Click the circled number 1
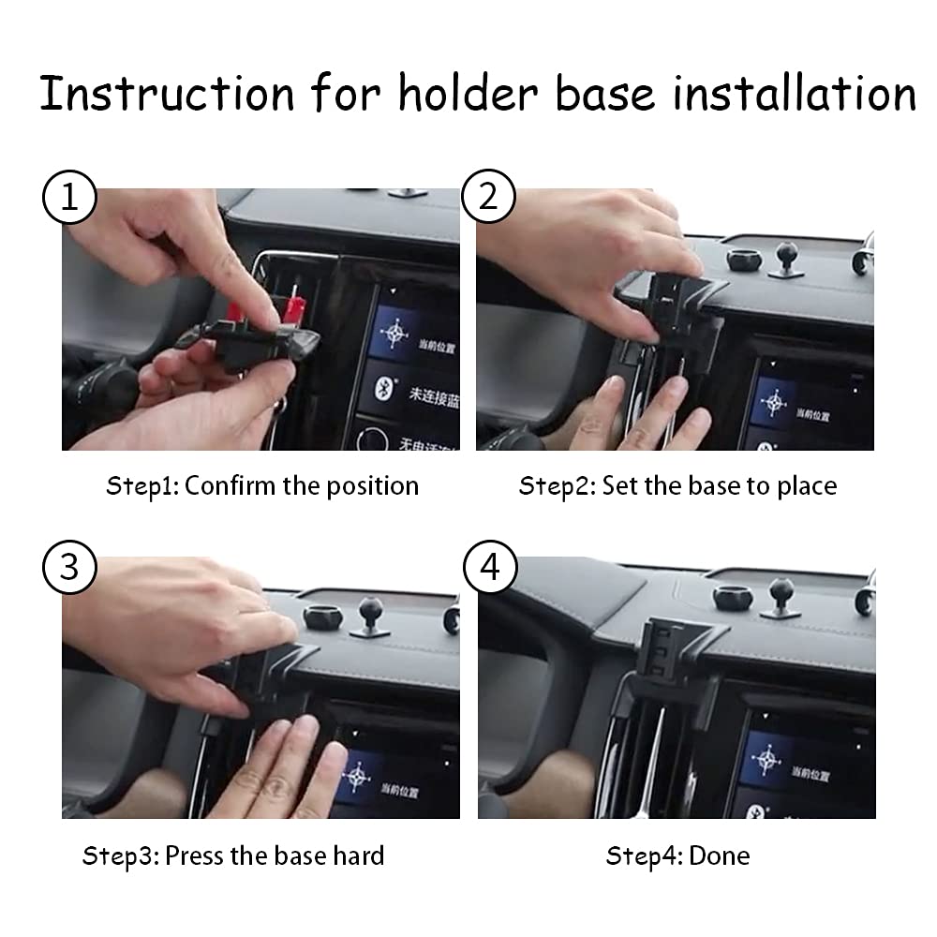69,198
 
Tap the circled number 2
489,198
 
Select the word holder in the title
473,94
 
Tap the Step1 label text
142,485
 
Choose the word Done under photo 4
720,855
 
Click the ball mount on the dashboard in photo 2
783,254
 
